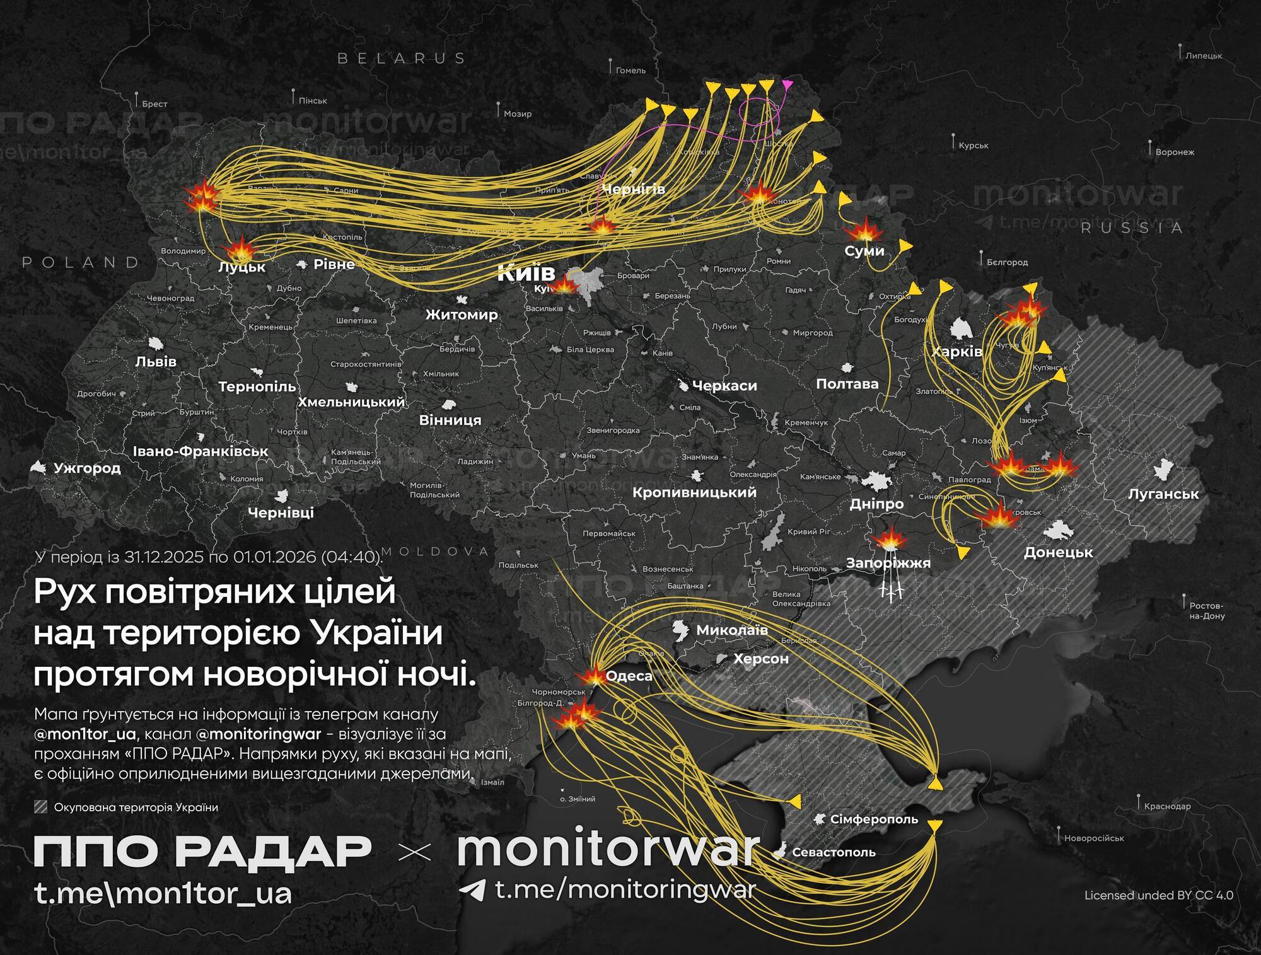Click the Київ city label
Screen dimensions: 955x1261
(x=526, y=273)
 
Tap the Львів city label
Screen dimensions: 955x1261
(x=156, y=362)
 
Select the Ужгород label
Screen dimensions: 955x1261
(x=87, y=468)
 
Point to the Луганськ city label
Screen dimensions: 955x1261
(x=1163, y=494)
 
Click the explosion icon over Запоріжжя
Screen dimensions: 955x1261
(x=890, y=540)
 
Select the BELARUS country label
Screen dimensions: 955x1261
(x=402, y=59)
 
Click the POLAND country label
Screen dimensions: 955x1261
(x=81, y=262)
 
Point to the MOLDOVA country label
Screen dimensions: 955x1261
(x=435, y=552)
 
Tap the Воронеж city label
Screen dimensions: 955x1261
(x=1175, y=152)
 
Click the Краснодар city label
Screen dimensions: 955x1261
(x=1167, y=806)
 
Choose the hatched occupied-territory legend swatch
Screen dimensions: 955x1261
(x=41, y=807)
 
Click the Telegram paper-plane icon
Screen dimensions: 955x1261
(x=472, y=890)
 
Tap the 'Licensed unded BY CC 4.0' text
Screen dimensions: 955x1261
(x=1159, y=895)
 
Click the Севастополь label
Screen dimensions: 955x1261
(x=834, y=852)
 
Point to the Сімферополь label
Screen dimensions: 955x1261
(x=874, y=819)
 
